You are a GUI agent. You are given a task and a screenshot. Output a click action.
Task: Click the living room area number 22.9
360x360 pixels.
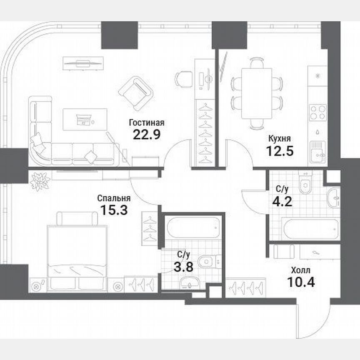pos(147,134)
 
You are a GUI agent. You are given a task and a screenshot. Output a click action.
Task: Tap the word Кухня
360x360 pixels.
pos(280,139)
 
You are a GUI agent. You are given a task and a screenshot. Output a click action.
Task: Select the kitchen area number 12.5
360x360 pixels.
pos(280,150)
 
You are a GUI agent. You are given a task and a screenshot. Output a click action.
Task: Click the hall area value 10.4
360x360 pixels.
pos(301,282)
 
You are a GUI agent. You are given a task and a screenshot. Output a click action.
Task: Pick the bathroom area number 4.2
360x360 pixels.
pos(283,202)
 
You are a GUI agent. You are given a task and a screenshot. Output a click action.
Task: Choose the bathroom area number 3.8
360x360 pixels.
pos(183,267)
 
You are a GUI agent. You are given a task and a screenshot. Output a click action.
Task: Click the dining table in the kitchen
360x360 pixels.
pos(257,93)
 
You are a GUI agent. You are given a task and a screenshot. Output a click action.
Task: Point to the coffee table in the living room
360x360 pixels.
pos(85,119)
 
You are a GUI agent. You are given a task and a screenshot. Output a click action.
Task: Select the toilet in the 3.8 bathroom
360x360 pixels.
pos(206,262)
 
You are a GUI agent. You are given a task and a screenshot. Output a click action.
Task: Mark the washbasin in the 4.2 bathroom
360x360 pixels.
pos(333,198)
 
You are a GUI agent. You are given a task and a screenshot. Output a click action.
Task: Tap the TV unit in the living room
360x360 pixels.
pos(82,63)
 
